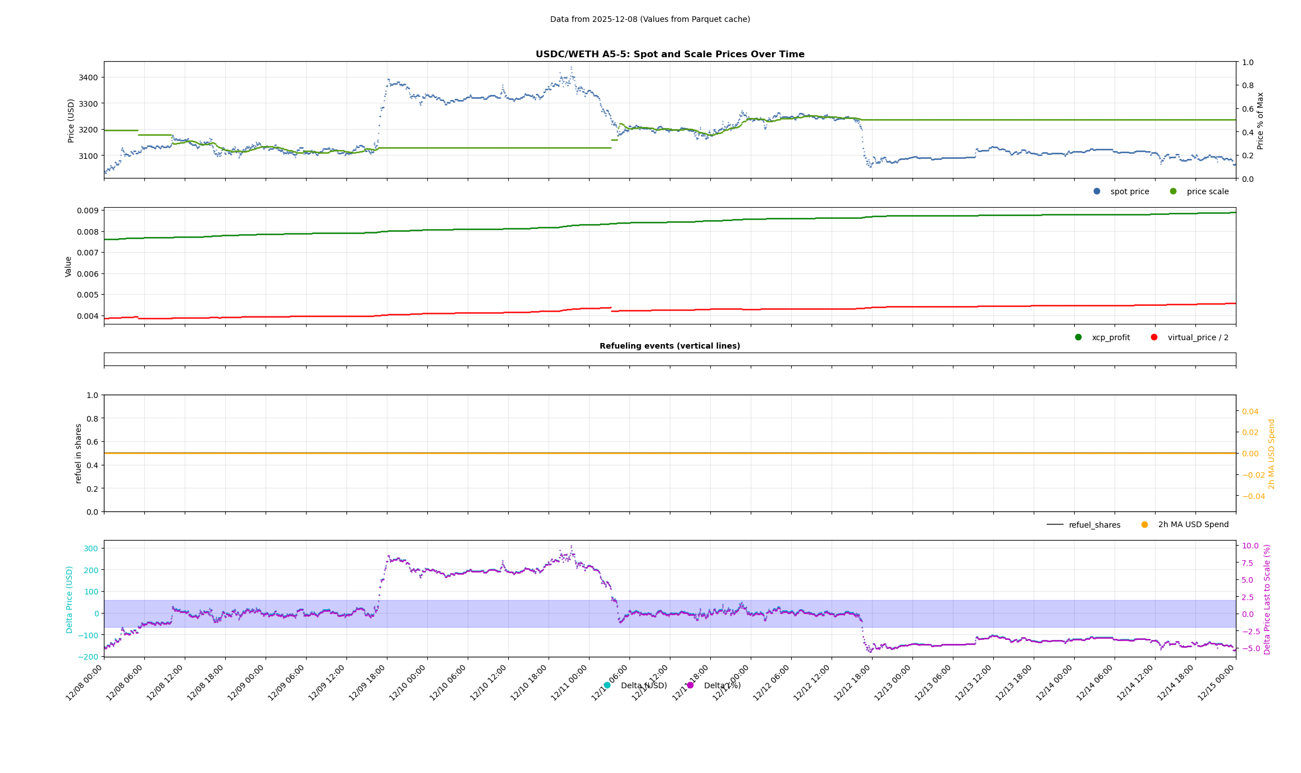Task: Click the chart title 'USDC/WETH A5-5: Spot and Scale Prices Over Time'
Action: (669, 54)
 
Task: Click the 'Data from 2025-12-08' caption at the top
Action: (650, 19)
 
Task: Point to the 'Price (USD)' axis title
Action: (71, 121)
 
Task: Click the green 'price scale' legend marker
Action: (1173, 191)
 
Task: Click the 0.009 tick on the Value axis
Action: (87, 211)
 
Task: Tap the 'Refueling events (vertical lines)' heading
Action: (669, 346)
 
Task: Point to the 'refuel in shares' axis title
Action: (79, 454)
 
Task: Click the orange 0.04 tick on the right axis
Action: (1250, 411)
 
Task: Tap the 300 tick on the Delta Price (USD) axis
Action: (91, 548)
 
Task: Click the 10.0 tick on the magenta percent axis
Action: (1250, 546)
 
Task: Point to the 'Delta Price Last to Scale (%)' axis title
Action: (1267, 599)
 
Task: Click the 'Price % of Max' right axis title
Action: (1261, 121)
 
